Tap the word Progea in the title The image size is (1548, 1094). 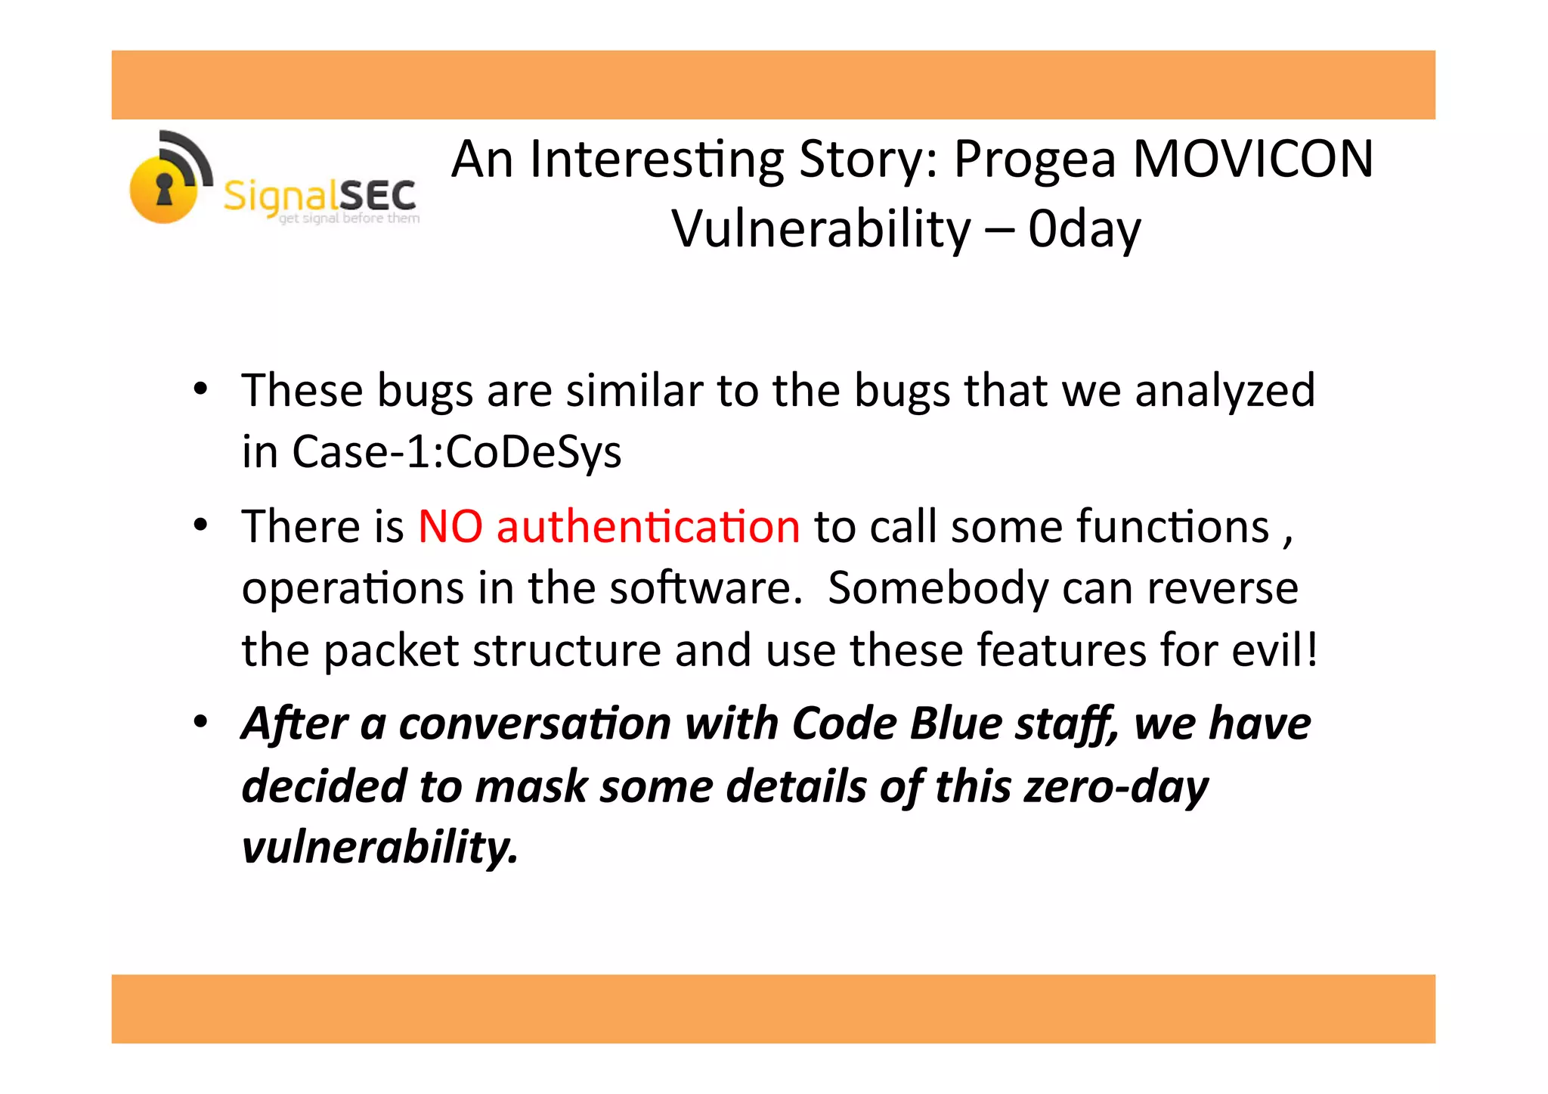1035,161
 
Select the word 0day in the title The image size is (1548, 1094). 1084,230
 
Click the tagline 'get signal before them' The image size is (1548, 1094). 349,218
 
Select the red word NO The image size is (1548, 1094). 450,526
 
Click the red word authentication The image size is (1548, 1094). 648,526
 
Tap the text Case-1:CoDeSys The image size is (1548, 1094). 457,452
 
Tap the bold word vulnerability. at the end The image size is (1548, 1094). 379,847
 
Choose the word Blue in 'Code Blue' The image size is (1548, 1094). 956,724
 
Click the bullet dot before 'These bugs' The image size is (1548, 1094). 200,390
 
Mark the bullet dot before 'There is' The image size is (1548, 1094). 200,525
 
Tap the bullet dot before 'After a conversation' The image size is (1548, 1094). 200,723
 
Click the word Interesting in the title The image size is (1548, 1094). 657,161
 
